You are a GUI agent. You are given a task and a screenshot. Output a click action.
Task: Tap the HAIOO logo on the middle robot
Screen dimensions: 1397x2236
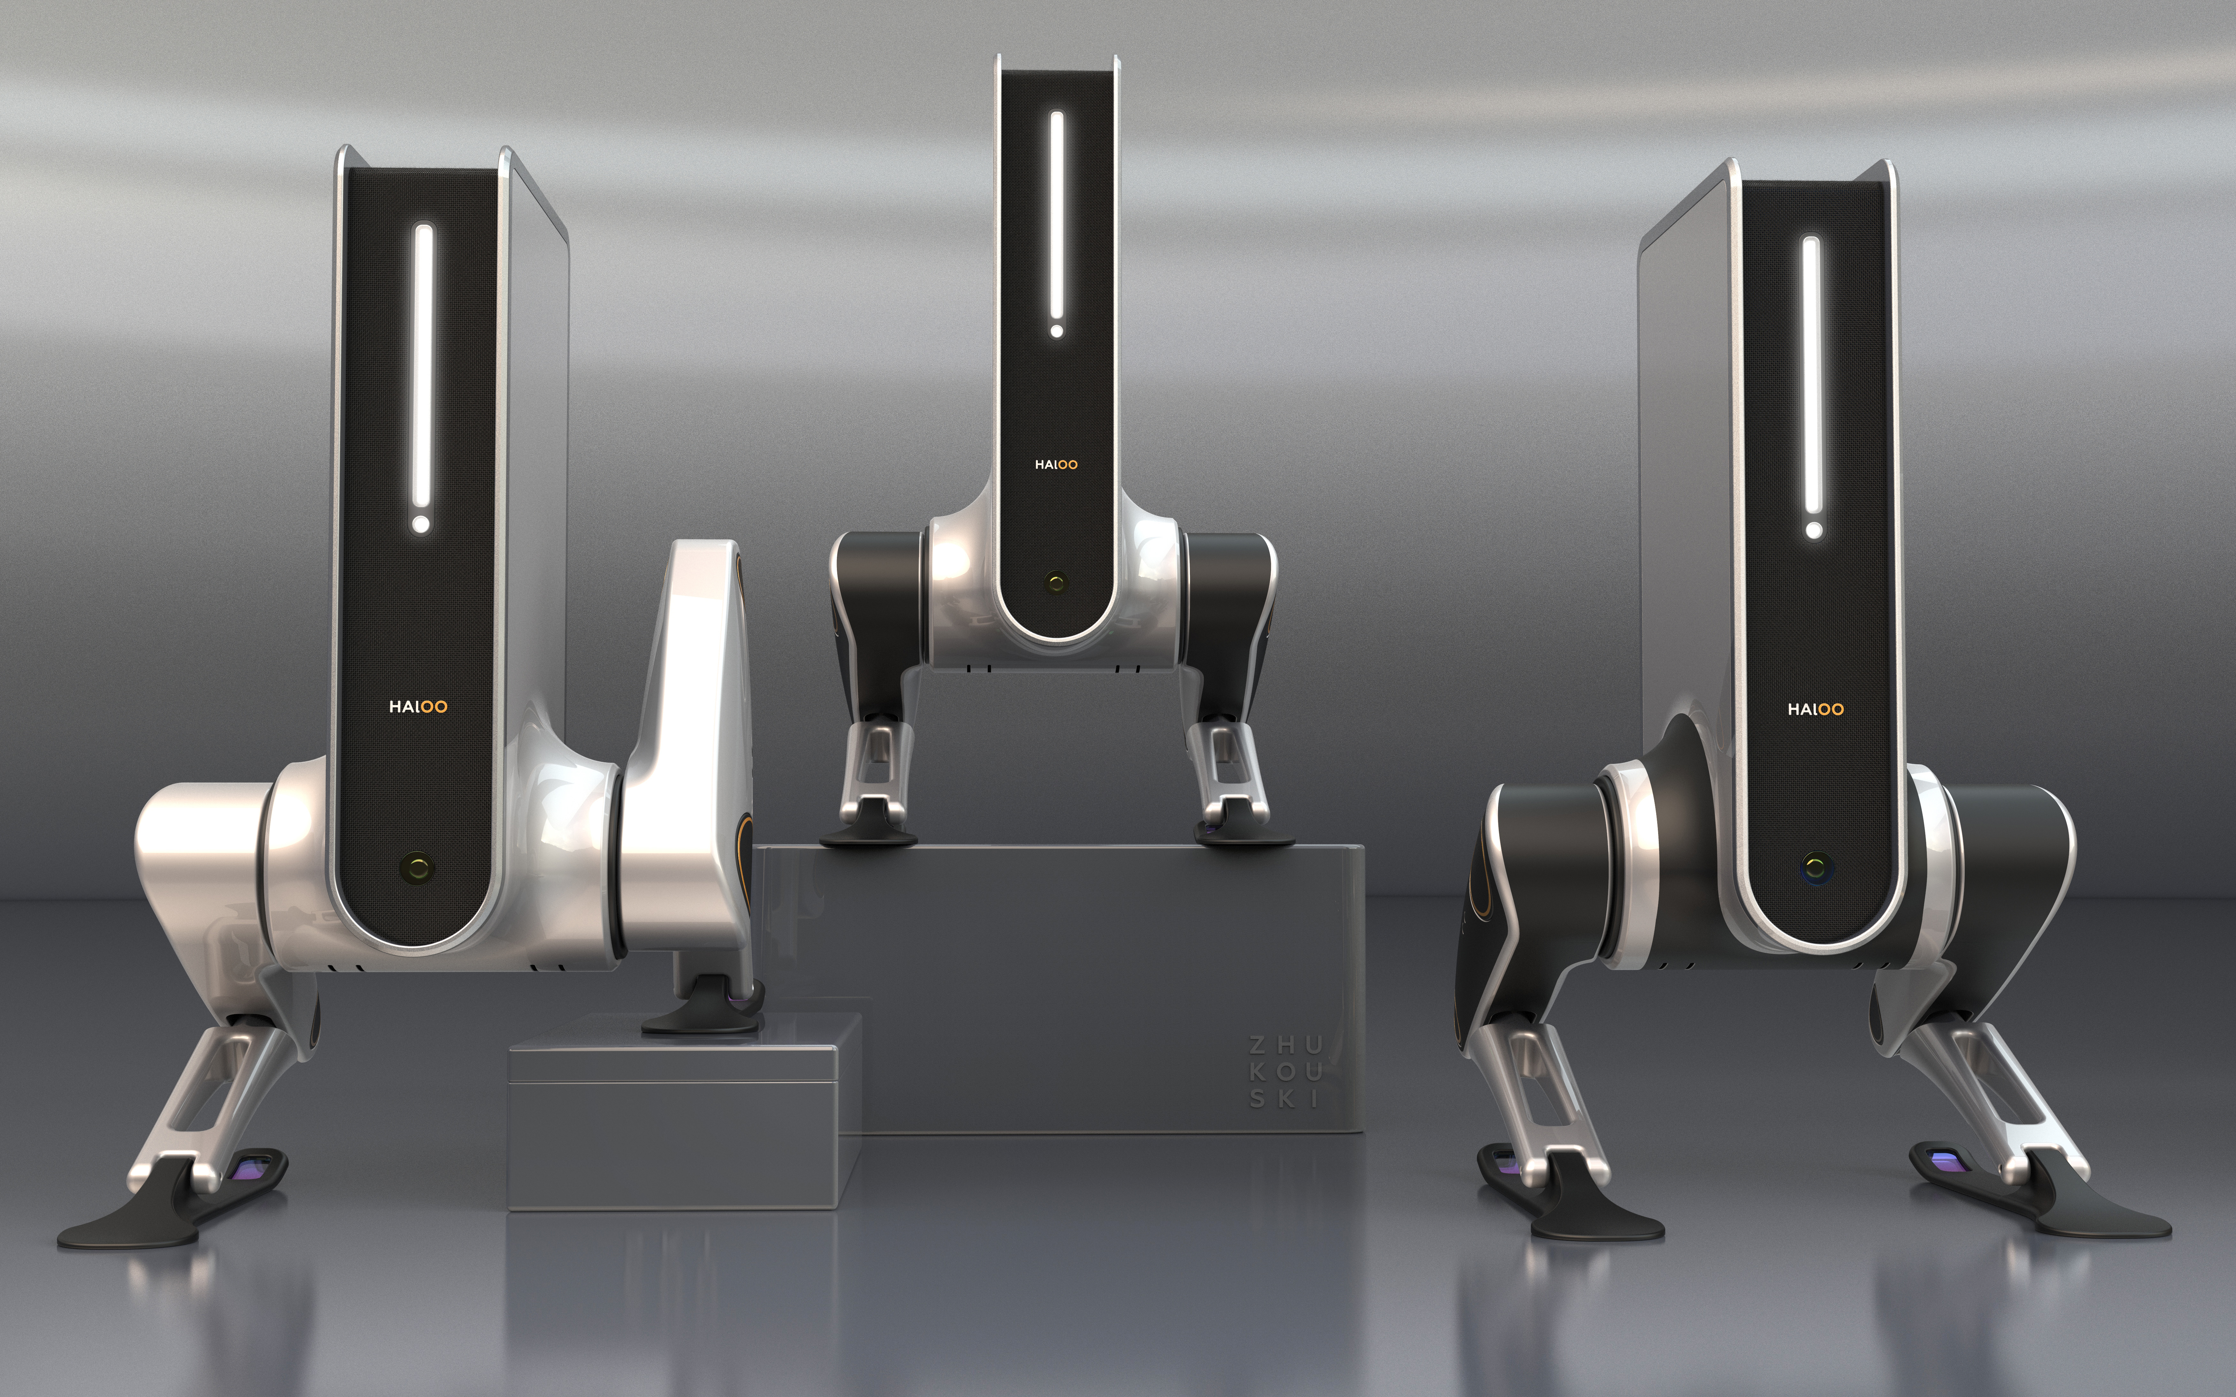1056,465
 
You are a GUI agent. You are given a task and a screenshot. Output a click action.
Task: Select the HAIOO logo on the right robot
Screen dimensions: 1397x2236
1816,710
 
